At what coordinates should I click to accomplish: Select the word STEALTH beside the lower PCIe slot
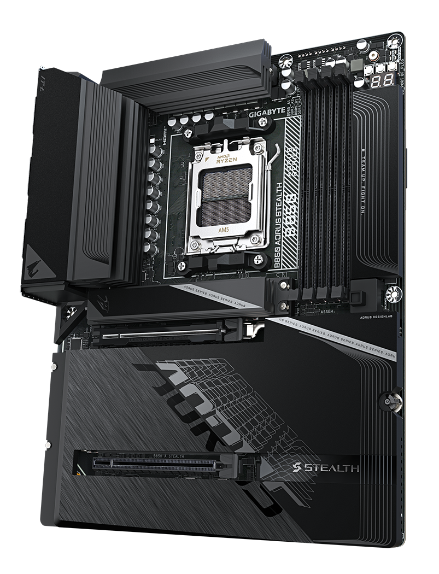point(334,467)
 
